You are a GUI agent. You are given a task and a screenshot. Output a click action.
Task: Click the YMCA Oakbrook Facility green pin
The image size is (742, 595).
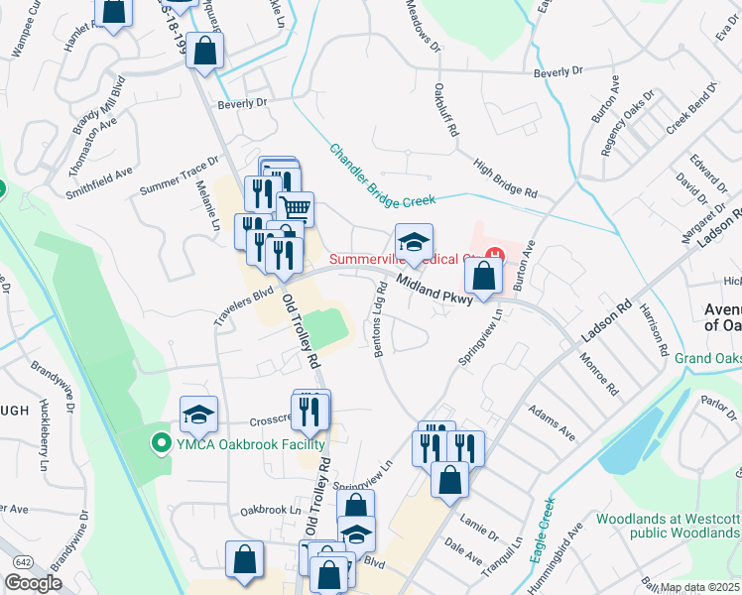pos(159,442)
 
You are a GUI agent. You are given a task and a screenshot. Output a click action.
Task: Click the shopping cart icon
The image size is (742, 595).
pos(295,208)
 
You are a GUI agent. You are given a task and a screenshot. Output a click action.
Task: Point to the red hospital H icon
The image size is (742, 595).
pos(494,259)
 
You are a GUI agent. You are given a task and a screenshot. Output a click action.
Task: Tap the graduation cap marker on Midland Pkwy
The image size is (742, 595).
pos(415,242)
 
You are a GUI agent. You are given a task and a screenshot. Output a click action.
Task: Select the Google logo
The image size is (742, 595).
pos(33,583)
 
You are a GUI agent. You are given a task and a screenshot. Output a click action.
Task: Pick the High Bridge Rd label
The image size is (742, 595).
pos(504,178)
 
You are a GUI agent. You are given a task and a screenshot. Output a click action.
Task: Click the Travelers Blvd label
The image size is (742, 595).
pos(243,306)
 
